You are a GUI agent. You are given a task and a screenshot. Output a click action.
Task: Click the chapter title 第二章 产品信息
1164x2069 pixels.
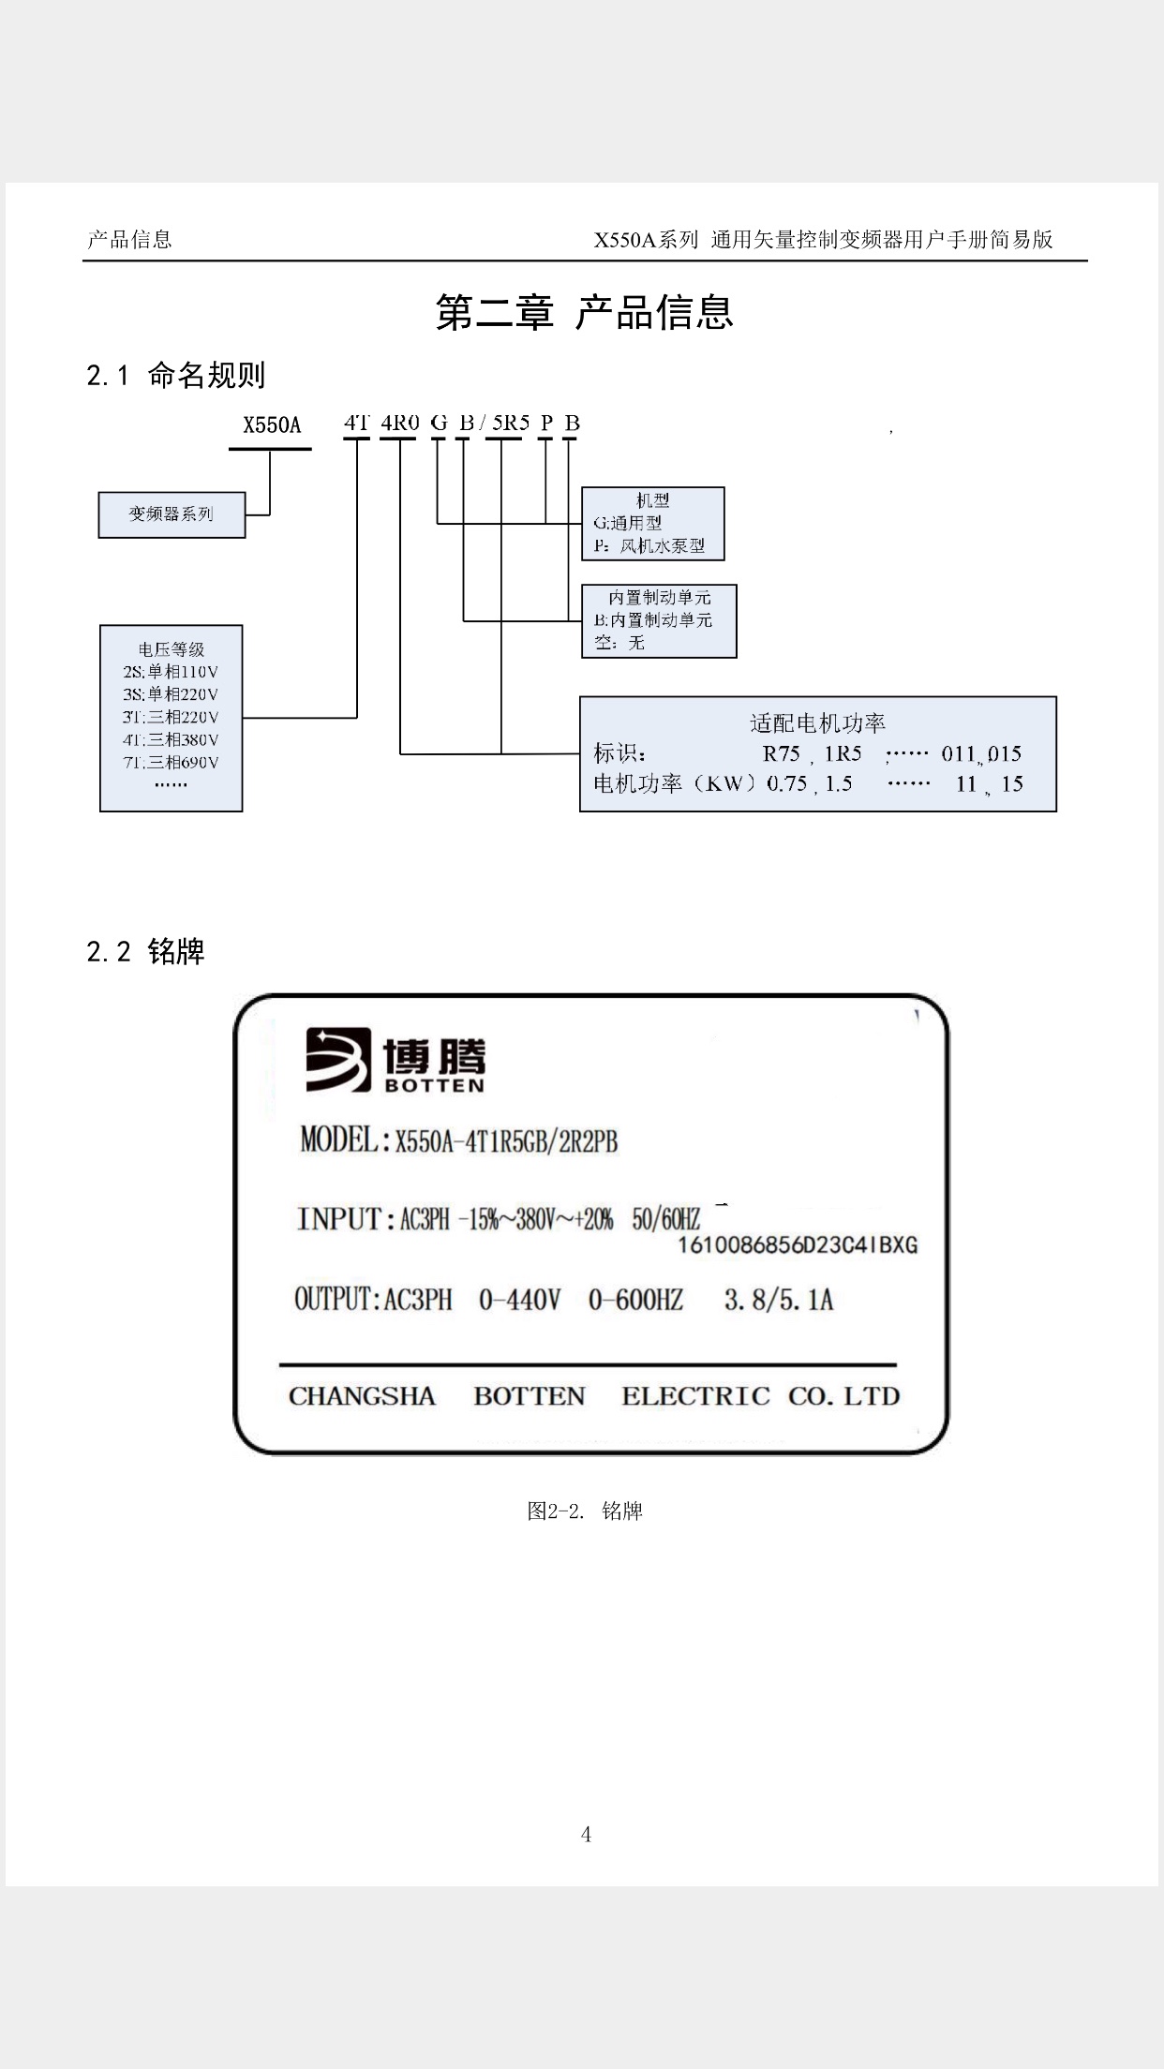[x=584, y=312]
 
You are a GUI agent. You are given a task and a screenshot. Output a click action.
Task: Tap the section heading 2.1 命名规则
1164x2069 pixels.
[x=176, y=376]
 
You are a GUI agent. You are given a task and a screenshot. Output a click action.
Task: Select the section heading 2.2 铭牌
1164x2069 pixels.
[x=145, y=952]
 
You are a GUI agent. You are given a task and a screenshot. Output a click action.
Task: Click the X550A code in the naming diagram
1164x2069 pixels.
[x=272, y=425]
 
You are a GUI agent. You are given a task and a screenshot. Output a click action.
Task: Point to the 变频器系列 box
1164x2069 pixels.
[x=172, y=514]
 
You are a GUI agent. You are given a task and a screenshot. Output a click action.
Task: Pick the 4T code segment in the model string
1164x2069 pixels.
[x=356, y=423]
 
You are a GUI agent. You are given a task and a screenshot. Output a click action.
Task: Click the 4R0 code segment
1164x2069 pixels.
[x=400, y=423]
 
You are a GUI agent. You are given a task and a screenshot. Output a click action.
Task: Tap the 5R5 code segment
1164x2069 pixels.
[x=511, y=423]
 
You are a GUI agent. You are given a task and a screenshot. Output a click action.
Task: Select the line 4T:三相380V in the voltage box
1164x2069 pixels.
[x=171, y=739]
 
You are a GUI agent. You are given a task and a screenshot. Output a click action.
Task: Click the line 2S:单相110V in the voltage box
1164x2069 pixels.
[x=171, y=672]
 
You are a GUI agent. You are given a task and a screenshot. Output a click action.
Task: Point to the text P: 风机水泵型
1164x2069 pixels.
[x=649, y=545]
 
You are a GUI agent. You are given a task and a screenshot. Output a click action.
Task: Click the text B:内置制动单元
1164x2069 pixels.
[x=653, y=620]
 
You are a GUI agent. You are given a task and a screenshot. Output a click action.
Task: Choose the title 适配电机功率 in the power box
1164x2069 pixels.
[x=817, y=722]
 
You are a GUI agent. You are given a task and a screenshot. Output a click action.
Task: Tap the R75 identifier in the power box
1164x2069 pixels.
[x=781, y=753]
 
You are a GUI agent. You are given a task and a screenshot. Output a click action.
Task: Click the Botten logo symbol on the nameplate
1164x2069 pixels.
[x=338, y=1060]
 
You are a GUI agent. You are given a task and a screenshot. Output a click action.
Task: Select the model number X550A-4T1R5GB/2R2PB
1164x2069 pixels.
[x=506, y=1141]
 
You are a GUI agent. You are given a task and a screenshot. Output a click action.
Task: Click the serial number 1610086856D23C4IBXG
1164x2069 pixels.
[x=797, y=1245]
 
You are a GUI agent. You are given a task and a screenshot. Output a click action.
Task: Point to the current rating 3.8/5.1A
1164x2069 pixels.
[x=778, y=1300]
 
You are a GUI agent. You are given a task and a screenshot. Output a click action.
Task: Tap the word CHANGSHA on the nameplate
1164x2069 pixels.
[x=362, y=1396]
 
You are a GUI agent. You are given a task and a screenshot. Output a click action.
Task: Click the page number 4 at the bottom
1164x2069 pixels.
[x=586, y=1835]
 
